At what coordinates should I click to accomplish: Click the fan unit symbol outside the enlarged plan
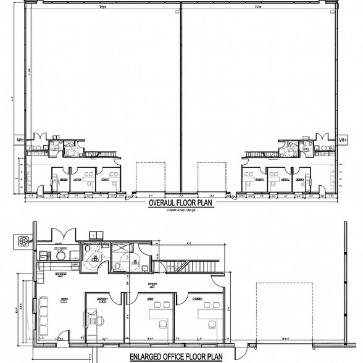pyautogui.click(x=25, y=240)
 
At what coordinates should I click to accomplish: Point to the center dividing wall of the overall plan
pyautogui.click(x=181, y=99)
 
